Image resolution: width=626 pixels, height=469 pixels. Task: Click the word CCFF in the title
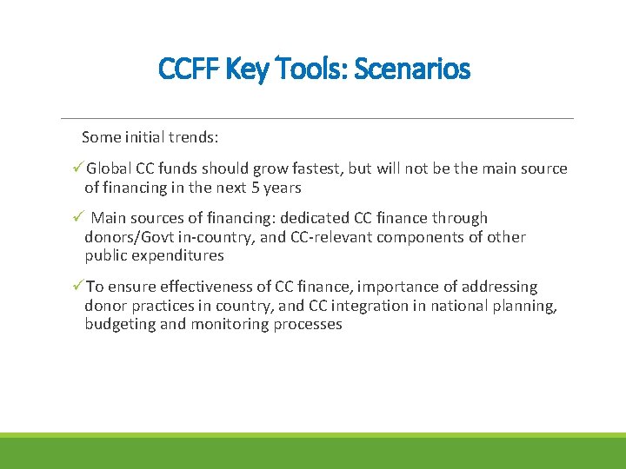coord(189,68)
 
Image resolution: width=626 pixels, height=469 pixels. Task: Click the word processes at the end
coord(308,324)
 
